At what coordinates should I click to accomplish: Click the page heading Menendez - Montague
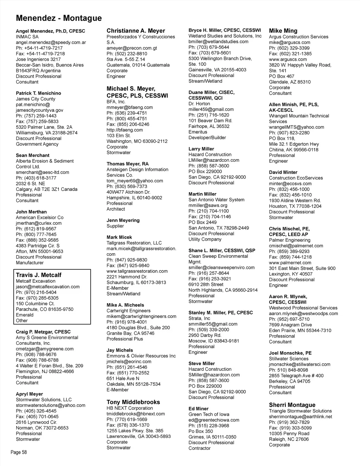click(x=59, y=18)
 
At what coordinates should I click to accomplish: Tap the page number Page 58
click(x=19, y=452)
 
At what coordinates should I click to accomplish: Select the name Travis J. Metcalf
click(x=39, y=275)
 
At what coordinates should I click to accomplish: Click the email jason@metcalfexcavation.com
click(x=48, y=287)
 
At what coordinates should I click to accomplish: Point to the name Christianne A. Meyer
click(x=136, y=31)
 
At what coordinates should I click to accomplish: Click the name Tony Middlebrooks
click(x=133, y=402)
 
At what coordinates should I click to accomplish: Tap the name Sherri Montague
click(x=292, y=405)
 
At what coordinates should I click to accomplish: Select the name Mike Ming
click(x=283, y=31)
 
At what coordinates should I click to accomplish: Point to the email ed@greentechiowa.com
click(x=214, y=420)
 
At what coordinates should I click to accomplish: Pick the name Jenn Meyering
click(x=123, y=220)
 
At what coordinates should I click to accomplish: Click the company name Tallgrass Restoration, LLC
click(x=134, y=243)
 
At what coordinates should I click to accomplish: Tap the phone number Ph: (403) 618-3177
click(x=36, y=178)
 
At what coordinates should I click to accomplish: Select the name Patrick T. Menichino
click(x=38, y=93)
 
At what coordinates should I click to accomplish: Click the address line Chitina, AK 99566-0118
click(x=294, y=149)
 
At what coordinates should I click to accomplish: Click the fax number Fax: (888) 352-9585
click(x=37, y=240)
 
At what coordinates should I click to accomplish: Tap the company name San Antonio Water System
click(x=216, y=200)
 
